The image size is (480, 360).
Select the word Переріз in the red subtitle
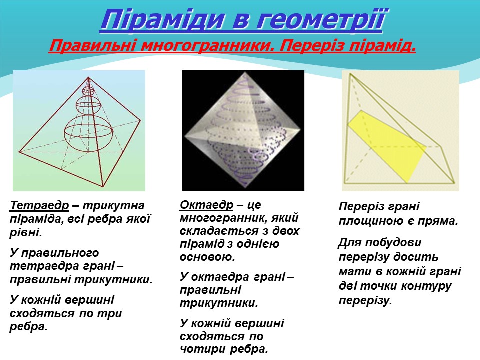[315, 47]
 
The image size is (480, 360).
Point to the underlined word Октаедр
[206, 205]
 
